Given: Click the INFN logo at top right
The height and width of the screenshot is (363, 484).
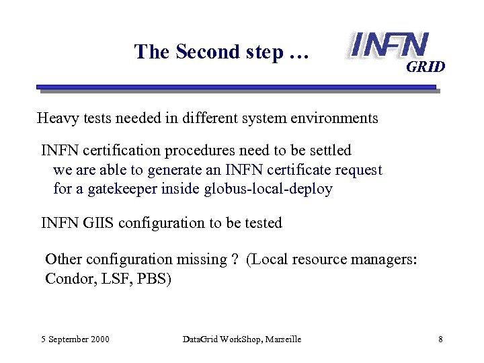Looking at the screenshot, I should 389,44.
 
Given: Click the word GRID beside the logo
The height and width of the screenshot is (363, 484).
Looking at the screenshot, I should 426,67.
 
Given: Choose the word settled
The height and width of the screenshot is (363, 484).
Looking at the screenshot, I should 329,150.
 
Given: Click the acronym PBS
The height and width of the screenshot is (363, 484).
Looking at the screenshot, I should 155,278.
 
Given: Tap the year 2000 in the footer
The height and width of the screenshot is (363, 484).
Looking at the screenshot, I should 99,339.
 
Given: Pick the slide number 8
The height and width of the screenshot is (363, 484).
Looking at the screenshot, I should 440,339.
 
